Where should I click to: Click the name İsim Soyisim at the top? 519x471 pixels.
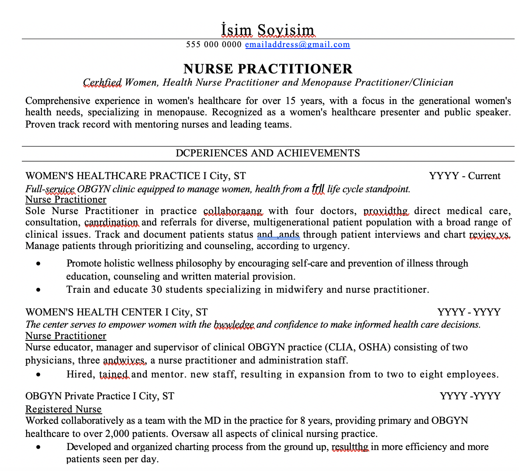click(268, 30)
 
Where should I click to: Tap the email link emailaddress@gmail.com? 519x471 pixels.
click(297, 45)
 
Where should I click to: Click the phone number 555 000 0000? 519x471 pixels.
click(214, 45)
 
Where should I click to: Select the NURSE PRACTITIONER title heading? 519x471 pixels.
click(268, 69)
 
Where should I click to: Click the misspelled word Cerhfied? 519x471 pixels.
click(102, 83)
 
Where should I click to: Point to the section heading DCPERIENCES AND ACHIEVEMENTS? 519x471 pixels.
click(268, 153)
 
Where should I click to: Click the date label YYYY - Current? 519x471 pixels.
click(464, 176)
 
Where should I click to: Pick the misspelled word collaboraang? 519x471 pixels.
click(233, 211)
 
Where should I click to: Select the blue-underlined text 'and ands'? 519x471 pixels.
click(278, 235)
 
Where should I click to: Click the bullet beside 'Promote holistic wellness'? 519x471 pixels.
click(39, 264)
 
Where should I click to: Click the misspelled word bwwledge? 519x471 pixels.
click(234, 325)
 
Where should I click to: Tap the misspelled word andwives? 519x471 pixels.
click(124, 360)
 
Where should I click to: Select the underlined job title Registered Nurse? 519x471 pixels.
click(63, 409)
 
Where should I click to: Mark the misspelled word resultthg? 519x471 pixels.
click(350, 447)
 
